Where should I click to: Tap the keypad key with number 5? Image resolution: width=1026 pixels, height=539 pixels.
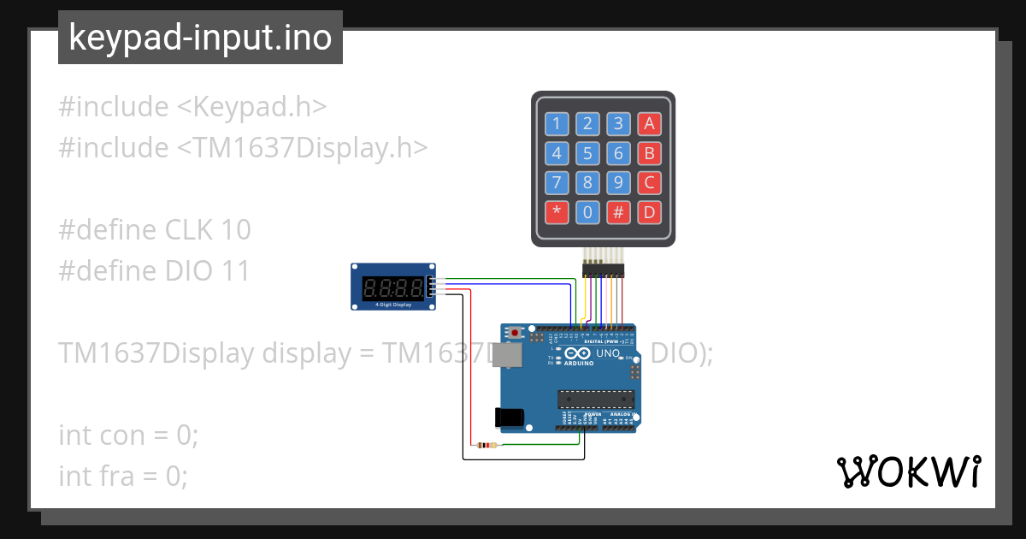(x=587, y=153)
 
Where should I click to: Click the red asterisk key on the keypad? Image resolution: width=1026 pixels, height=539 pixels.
(x=557, y=211)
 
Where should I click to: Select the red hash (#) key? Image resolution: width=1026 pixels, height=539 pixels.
(x=618, y=211)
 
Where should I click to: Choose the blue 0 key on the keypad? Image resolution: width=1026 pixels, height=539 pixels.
(x=587, y=211)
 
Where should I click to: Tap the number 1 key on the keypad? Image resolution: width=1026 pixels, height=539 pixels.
(x=557, y=124)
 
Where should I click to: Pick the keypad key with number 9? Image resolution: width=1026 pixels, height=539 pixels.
(x=618, y=182)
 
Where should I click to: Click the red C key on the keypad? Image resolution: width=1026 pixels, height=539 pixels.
(x=649, y=182)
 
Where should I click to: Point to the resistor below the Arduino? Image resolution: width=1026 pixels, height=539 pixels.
(x=486, y=445)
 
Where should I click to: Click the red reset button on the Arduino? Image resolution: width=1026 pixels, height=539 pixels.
(x=515, y=331)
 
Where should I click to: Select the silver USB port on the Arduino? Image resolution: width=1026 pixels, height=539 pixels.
(x=512, y=355)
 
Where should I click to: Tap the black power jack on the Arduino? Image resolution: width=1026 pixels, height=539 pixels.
(x=509, y=417)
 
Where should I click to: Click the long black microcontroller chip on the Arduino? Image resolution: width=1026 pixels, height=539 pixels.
(x=597, y=399)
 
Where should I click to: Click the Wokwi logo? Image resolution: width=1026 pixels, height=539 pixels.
(x=908, y=471)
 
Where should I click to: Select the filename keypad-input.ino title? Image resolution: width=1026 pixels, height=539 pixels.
(x=200, y=38)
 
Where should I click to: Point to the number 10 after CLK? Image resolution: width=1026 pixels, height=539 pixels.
(x=235, y=229)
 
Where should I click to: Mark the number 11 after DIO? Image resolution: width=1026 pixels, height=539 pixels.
(x=234, y=270)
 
